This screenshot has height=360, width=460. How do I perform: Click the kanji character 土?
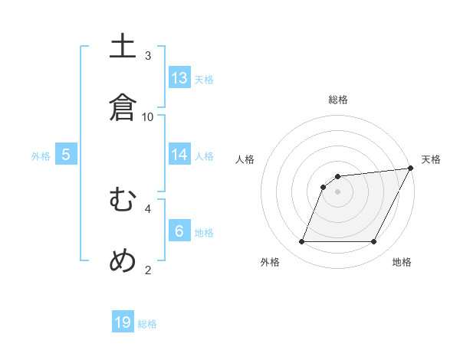click(123, 47)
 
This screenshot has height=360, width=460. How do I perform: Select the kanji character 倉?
click(123, 106)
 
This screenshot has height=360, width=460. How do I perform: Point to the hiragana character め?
click(123, 260)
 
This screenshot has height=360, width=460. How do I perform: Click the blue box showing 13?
click(179, 78)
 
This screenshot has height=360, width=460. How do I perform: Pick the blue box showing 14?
click(179, 155)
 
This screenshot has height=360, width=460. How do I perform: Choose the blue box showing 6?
click(179, 231)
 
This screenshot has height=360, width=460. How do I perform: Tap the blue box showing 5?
click(66, 155)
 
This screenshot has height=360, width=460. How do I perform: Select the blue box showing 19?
click(123, 322)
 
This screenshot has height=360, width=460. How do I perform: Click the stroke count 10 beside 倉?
click(148, 116)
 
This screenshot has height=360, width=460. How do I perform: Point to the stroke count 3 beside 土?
click(148, 55)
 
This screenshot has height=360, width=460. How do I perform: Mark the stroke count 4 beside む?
click(148, 208)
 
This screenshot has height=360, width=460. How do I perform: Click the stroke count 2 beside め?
click(148, 269)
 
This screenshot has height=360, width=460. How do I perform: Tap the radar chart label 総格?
click(338, 100)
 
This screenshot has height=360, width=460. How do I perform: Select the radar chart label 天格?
click(431, 159)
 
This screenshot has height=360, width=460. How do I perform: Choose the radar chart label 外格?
click(270, 263)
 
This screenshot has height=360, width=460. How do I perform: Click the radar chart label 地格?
click(402, 263)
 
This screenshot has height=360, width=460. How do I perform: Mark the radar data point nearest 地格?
click(374, 242)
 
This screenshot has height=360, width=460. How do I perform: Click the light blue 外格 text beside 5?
click(41, 156)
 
